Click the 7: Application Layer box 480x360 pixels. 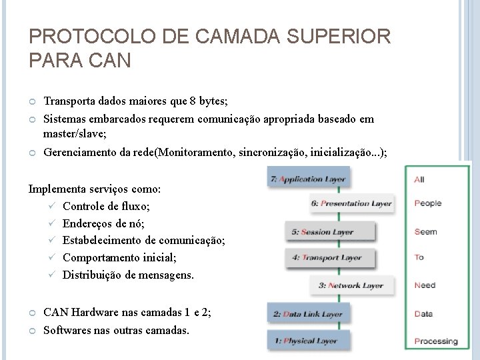307,179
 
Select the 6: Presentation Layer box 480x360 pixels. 352,204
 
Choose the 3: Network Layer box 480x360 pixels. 351,285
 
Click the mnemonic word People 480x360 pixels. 427,203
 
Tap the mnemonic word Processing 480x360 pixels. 436,341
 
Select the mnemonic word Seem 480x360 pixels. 425,231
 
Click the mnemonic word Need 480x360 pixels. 425,285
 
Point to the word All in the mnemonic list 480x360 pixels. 419,179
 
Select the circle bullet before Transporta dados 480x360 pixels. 32,102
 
